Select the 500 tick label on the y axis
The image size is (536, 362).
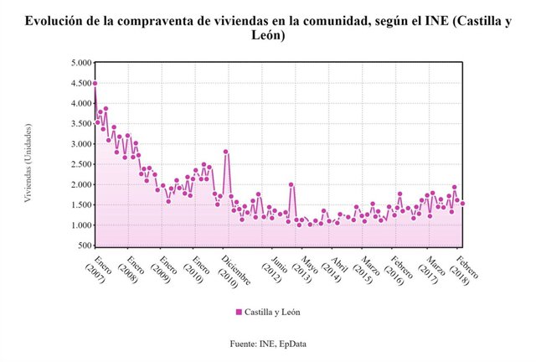pyautogui.click(x=82, y=246)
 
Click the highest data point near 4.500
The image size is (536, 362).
pyautogui.click(x=95, y=83)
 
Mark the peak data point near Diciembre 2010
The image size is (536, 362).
pyautogui.click(x=226, y=152)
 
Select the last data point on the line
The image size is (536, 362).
pyautogui.click(x=462, y=204)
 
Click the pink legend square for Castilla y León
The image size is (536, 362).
pyautogui.click(x=239, y=312)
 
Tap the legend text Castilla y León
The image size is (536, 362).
pyautogui.click(x=272, y=312)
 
